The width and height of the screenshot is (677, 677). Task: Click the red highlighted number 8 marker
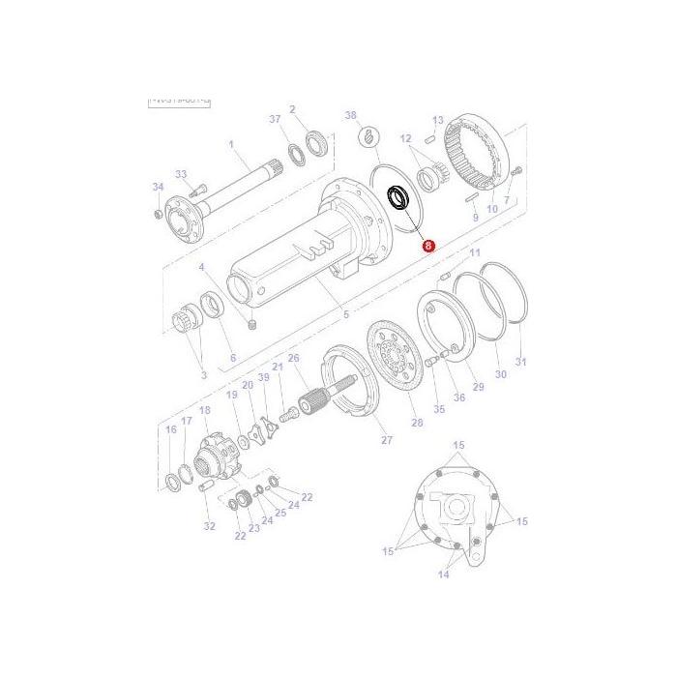(x=429, y=247)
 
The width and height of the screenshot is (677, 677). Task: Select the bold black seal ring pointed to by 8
(x=397, y=197)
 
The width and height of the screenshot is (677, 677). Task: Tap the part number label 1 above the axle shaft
(x=231, y=145)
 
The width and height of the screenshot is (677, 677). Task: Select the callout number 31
(x=522, y=363)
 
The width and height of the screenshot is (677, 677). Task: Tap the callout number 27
(x=387, y=440)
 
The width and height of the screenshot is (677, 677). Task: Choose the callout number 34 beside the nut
(x=159, y=187)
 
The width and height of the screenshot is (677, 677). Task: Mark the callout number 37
(x=275, y=119)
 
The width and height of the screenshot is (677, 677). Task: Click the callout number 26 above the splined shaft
(x=294, y=358)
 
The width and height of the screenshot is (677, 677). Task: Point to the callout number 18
(x=204, y=411)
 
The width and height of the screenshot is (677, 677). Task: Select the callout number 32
(x=209, y=526)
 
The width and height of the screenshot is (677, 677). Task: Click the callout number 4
(x=202, y=267)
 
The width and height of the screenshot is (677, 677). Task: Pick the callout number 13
(x=438, y=120)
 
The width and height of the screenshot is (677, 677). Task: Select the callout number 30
(x=500, y=374)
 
